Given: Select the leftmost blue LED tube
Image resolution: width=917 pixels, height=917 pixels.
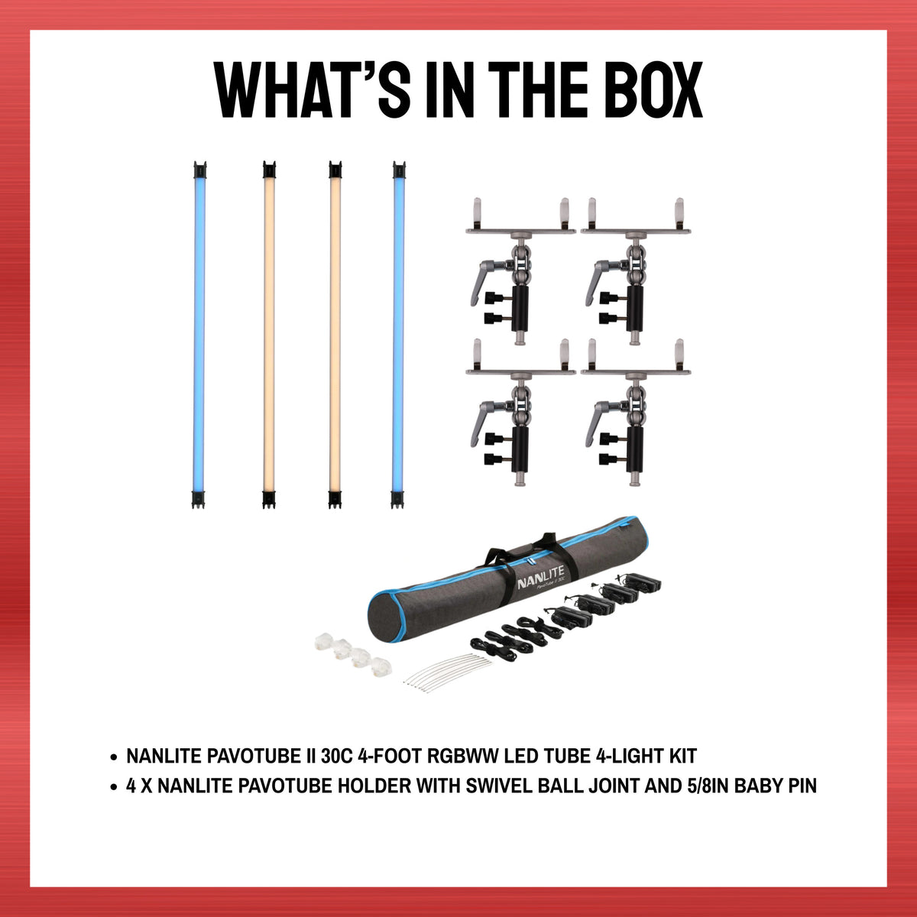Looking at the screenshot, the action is (x=199, y=335).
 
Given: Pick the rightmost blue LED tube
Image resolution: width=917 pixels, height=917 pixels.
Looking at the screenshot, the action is (x=398, y=335).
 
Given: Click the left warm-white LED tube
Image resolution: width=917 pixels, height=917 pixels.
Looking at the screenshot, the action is (x=269, y=335).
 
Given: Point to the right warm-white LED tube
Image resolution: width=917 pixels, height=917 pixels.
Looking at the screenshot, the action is (x=335, y=335).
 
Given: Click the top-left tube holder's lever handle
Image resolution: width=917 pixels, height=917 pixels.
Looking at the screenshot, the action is (x=484, y=280).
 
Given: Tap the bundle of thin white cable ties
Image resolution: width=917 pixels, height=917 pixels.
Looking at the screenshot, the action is (x=446, y=672).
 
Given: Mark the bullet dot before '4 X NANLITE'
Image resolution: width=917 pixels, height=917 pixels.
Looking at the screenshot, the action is (x=113, y=787).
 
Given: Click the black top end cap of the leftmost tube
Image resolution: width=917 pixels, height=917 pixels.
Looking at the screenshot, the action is (x=200, y=170).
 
